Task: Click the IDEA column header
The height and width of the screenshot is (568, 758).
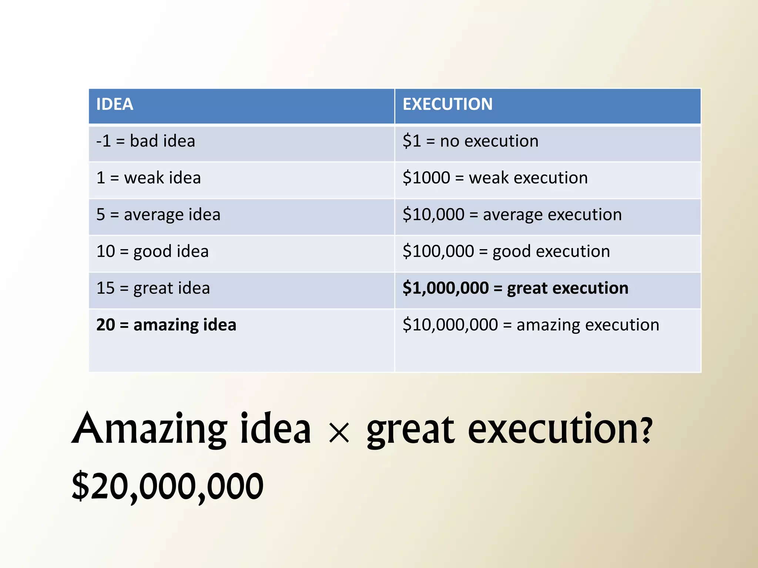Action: (x=115, y=104)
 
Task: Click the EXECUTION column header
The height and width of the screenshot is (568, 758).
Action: (x=447, y=104)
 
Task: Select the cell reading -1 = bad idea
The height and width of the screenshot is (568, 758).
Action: (x=145, y=141)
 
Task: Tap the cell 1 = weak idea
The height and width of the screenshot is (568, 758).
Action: (x=148, y=178)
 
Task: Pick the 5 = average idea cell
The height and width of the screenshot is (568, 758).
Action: (x=158, y=215)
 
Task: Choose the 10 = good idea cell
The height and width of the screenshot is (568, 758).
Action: (x=152, y=251)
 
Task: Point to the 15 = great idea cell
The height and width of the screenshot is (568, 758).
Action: (x=153, y=288)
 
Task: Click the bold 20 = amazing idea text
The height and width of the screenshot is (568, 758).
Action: (x=166, y=325)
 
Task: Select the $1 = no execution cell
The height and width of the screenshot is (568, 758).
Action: (x=470, y=141)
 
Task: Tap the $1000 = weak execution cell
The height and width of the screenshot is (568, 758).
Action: (x=495, y=178)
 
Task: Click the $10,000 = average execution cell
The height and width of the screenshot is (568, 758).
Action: (x=512, y=215)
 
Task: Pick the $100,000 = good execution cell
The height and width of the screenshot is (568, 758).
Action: (x=506, y=251)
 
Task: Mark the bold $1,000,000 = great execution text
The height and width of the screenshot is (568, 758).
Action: (x=516, y=288)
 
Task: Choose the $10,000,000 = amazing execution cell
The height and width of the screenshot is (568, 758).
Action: (x=531, y=325)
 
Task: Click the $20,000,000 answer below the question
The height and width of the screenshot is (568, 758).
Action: (x=168, y=486)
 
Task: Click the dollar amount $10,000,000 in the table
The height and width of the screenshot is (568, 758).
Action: (x=450, y=325)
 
